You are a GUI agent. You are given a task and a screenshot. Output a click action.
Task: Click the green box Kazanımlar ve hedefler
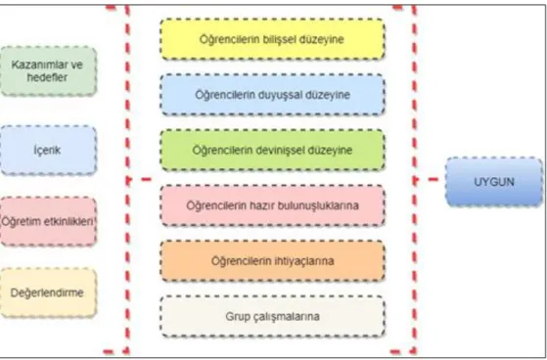point(48,70)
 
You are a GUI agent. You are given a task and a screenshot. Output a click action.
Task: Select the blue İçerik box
point(48,150)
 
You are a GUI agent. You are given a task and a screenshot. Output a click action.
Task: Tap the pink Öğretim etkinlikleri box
point(48,221)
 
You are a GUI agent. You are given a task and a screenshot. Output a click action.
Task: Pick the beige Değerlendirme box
point(48,292)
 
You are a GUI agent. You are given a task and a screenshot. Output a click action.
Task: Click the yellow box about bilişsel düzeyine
point(272,39)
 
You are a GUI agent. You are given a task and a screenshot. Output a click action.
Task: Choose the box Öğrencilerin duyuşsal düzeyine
point(272,95)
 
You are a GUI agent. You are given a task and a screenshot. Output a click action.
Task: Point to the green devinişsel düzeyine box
point(272,150)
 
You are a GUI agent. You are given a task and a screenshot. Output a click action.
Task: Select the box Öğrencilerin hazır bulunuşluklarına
point(272,205)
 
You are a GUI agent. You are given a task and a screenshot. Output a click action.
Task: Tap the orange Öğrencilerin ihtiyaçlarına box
point(272,261)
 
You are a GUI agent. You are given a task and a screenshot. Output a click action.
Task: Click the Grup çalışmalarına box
point(272,316)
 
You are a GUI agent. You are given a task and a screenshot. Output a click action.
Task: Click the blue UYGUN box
point(494,182)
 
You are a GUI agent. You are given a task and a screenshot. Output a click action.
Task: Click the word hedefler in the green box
point(47,77)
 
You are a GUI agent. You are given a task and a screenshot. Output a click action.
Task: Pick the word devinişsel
point(280,150)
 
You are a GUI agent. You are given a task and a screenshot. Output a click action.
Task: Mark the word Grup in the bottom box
point(236,317)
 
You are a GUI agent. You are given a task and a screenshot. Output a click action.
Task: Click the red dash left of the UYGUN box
point(433,179)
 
